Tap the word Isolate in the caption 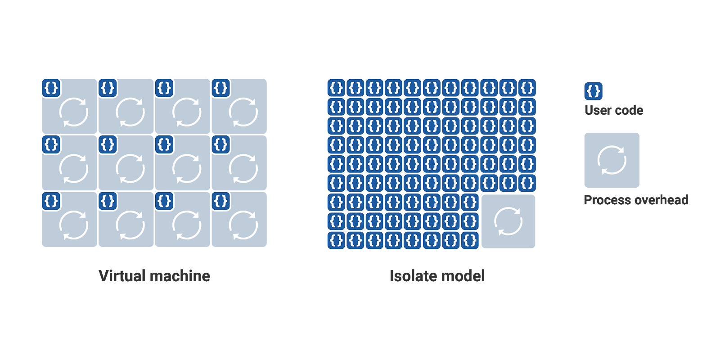(x=413, y=276)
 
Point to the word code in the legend (x=629, y=110)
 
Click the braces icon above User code (x=594, y=91)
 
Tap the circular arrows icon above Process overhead (x=612, y=160)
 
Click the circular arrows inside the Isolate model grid (x=508, y=221)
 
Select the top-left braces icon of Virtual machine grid (x=51, y=88)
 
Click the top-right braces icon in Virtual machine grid (x=221, y=88)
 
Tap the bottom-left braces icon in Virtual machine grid (x=51, y=201)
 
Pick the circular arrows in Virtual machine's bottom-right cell (x=243, y=225)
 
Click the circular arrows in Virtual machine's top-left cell (x=74, y=112)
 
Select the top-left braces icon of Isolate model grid (x=336, y=88)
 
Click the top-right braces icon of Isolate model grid (x=527, y=88)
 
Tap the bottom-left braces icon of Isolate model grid (x=336, y=240)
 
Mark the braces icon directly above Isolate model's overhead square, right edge (x=527, y=183)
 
